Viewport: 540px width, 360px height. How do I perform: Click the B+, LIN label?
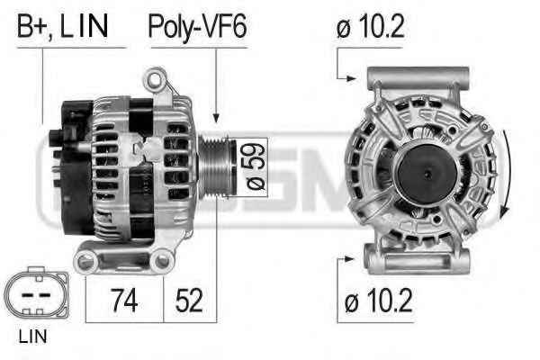click(62, 26)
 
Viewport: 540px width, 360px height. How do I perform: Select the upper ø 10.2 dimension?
click(370, 26)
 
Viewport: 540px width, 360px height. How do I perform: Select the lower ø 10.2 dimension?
click(378, 300)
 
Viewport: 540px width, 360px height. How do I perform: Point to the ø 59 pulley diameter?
click(255, 166)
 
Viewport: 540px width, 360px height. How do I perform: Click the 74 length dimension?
click(124, 300)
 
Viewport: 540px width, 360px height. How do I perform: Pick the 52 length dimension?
click(189, 300)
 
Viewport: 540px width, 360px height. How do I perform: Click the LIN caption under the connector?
click(32, 337)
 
